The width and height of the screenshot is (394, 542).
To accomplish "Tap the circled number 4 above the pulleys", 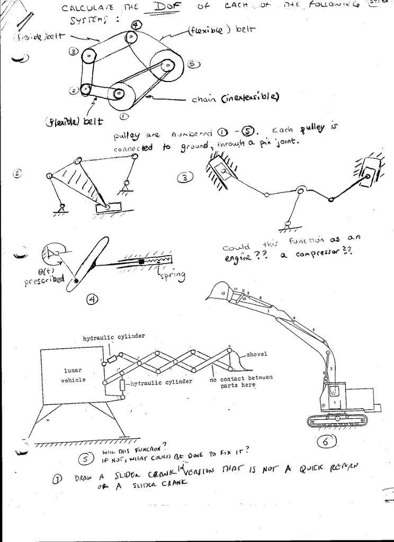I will coord(136,26).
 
